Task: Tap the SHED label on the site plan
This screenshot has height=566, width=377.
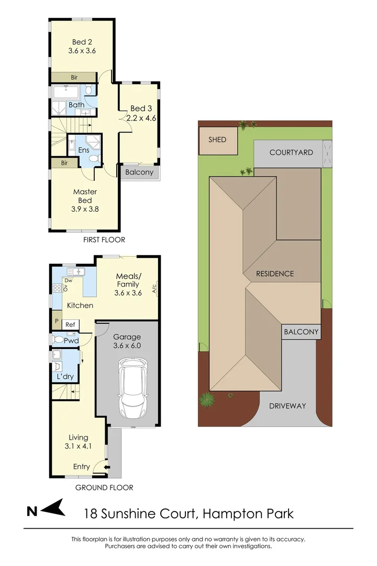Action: coord(217,139)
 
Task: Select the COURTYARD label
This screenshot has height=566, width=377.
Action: coord(291,153)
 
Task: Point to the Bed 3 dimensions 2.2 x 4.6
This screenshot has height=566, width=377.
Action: coord(141,118)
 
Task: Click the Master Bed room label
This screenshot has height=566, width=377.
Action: coord(85,196)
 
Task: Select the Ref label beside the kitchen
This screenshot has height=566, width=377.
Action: coord(70,325)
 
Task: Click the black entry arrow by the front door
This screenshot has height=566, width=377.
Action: coord(107,467)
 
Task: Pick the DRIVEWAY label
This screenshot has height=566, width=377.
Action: coord(287,406)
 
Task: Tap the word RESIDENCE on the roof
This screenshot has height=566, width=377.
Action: coord(275,274)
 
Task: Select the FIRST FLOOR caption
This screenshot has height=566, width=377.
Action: coord(104,240)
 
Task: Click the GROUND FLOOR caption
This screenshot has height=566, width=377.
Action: coord(104,487)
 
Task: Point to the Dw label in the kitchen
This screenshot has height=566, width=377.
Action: coord(68,281)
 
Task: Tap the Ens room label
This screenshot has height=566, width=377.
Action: coord(84,150)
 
